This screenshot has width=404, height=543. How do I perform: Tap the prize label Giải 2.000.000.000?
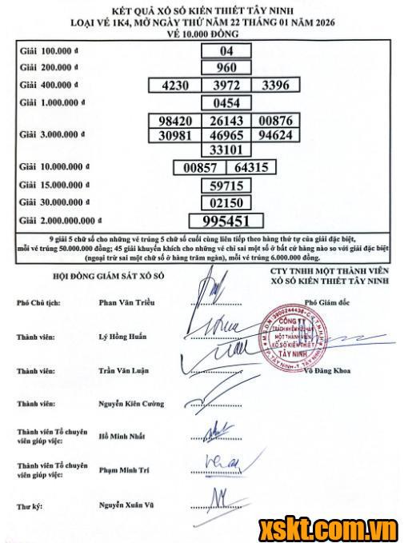tap(61, 219)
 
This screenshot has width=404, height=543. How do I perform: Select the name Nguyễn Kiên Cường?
tap(131, 405)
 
